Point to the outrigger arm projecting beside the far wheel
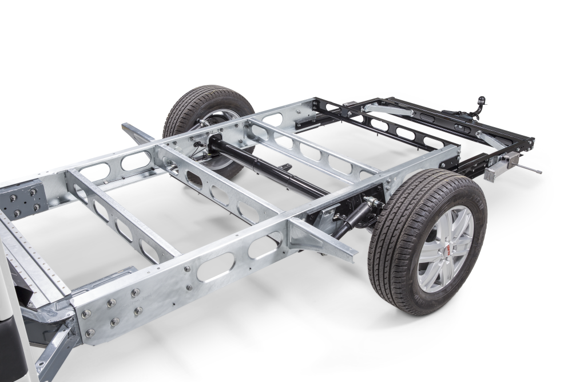[137, 134]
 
